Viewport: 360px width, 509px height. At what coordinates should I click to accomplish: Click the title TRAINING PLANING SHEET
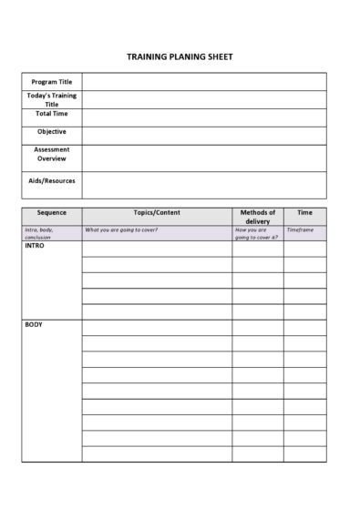coord(180,56)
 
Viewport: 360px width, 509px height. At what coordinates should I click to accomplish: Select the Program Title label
coord(52,82)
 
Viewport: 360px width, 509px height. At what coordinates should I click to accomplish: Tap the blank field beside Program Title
coord(203,82)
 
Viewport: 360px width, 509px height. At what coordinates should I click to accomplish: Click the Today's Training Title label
coord(52,99)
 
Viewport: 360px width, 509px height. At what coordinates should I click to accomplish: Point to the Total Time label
coord(52,114)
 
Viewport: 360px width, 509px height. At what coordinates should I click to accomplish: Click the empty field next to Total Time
coord(203,117)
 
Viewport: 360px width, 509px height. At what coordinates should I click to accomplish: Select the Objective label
coord(52,131)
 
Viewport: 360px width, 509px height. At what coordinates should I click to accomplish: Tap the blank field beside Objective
coord(203,135)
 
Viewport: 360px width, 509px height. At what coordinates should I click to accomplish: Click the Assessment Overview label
coord(52,154)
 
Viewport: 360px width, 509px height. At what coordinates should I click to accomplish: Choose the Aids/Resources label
coord(52,180)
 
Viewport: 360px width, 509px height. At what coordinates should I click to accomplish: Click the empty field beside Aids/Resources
coord(203,185)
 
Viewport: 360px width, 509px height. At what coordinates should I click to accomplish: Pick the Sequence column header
coord(52,212)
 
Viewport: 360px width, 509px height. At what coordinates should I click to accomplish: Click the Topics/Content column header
coord(157,212)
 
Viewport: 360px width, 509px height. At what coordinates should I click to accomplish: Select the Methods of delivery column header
coord(258,217)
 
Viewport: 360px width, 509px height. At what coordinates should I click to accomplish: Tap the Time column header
coord(304,212)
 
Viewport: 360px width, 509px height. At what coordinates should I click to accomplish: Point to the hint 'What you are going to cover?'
coord(121,230)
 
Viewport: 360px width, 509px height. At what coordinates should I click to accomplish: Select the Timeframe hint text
coord(300,230)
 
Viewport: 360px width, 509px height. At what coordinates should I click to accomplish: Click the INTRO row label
coord(34,246)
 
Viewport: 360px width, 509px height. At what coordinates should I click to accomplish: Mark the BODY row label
coord(33,325)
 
